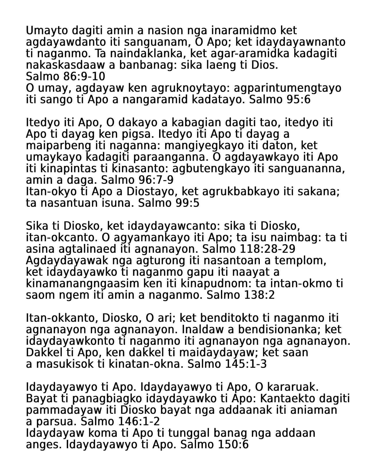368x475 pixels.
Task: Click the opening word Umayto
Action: [x=47, y=30]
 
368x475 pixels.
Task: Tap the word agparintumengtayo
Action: [x=287, y=88]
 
